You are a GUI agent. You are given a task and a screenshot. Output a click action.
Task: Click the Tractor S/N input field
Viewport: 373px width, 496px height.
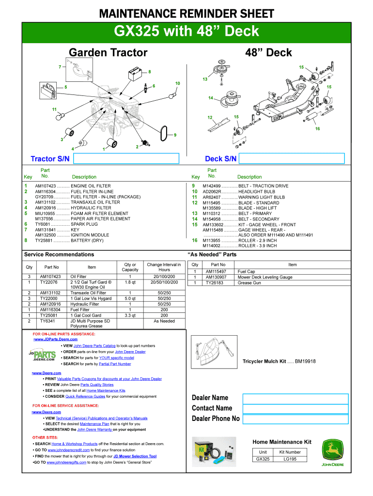(x=125, y=158)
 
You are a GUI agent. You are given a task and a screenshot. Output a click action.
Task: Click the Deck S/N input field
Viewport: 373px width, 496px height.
(x=292, y=158)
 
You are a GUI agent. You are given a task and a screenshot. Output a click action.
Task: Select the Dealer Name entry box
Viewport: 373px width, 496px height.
(x=295, y=399)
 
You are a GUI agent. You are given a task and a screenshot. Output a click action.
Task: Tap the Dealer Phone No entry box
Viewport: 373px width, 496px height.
(x=295, y=419)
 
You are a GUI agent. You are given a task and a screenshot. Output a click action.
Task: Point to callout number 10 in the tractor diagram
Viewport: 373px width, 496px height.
(x=178, y=84)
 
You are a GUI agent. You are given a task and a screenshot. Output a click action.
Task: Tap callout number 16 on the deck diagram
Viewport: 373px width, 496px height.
(x=317, y=129)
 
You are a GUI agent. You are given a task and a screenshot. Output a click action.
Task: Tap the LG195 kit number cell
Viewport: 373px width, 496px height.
(x=290, y=459)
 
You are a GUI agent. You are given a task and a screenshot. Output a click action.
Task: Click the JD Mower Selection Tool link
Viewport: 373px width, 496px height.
(x=135, y=456)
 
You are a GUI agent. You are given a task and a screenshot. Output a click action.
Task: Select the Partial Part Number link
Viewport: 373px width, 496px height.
(x=115, y=364)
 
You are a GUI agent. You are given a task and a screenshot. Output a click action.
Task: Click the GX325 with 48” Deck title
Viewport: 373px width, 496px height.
(x=186, y=32)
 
